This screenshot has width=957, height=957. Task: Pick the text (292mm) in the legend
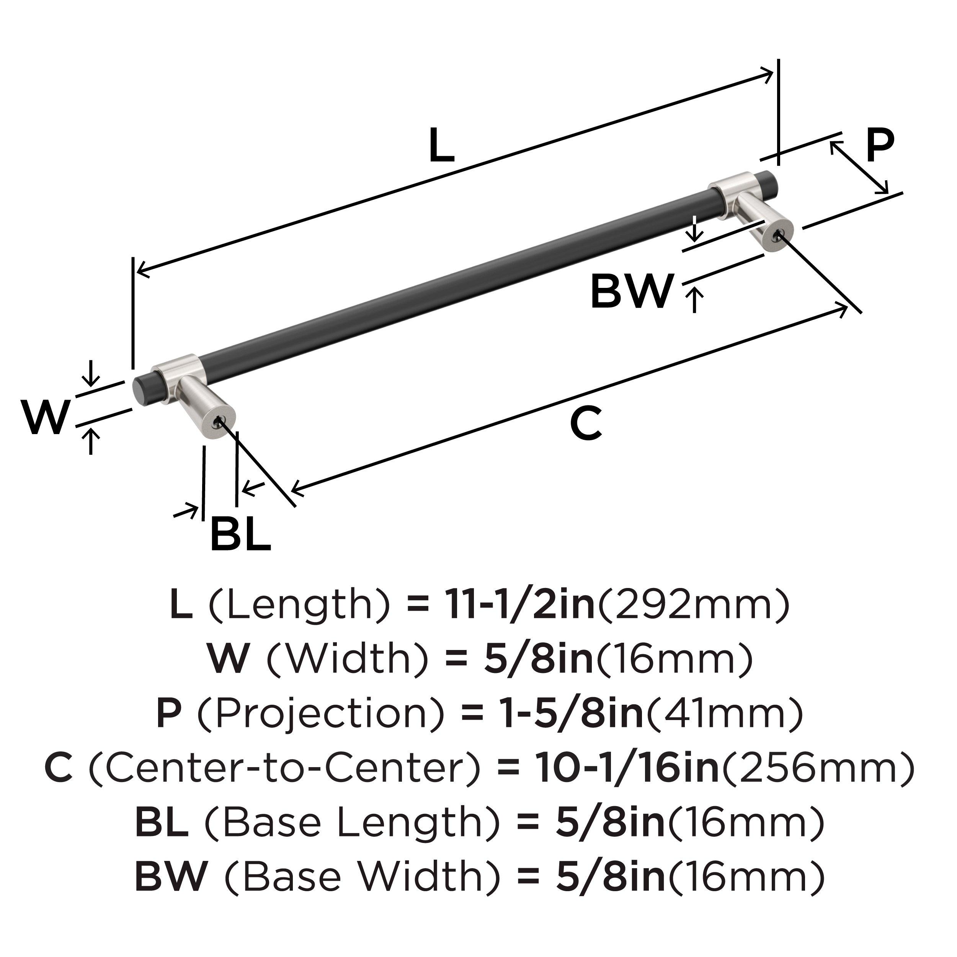click(x=694, y=605)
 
